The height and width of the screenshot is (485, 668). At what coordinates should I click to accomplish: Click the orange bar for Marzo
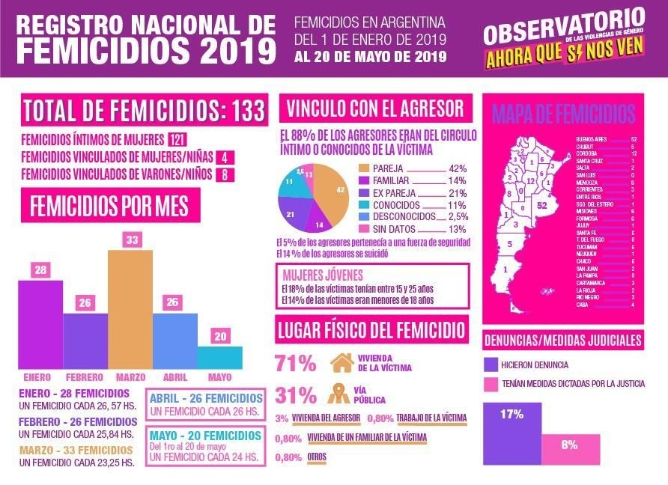pyautogui.click(x=130, y=308)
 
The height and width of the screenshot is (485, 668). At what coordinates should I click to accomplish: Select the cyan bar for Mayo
pyautogui.click(x=220, y=357)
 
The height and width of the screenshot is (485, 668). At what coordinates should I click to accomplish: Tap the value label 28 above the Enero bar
pyautogui.click(x=40, y=269)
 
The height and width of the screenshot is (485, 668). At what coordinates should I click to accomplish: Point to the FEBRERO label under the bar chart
pyautogui.click(x=85, y=376)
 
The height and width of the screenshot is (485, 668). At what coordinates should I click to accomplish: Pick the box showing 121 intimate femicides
pyautogui.click(x=177, y=140)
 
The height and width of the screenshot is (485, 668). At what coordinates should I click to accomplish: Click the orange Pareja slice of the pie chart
pyautogui.click(x=333, y=197)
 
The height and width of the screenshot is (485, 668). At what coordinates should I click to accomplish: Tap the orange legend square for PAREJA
pyautogui.click(x=365, y=168)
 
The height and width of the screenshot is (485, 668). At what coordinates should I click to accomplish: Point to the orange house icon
pyautogui.click(x=341, y=363)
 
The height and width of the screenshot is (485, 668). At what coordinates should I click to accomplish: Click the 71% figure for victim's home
pyautogui.click(x=295, y=364)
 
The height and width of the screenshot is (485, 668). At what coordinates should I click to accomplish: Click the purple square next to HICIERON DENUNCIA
pyautogui.click(x=491, y=364)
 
